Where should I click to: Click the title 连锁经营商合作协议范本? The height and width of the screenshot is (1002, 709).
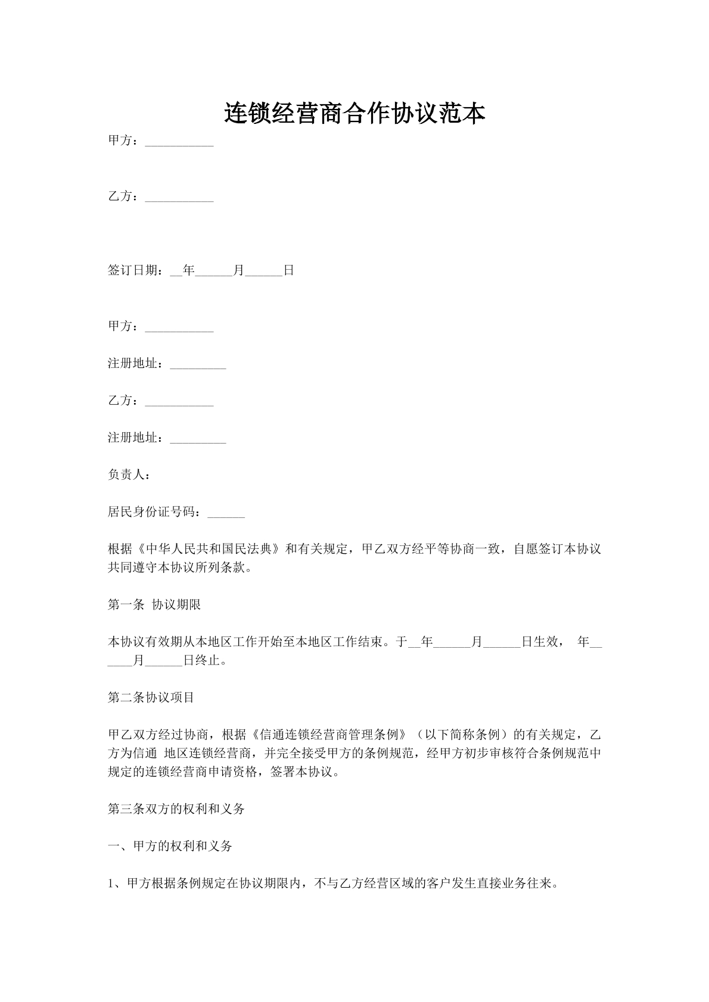[354, 114]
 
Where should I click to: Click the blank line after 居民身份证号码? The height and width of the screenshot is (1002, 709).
[226, 513]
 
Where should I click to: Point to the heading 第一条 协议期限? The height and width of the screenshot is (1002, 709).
[154, 605]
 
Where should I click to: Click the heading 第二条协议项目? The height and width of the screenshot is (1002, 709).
[151, 697]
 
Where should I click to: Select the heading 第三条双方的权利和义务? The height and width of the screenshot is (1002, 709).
[176, 809]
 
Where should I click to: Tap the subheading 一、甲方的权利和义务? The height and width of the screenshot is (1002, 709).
[169, 846]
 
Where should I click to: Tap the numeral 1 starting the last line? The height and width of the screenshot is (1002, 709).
[111, 884]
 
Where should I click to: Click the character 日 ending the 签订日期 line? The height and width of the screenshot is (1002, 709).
[288, 270]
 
